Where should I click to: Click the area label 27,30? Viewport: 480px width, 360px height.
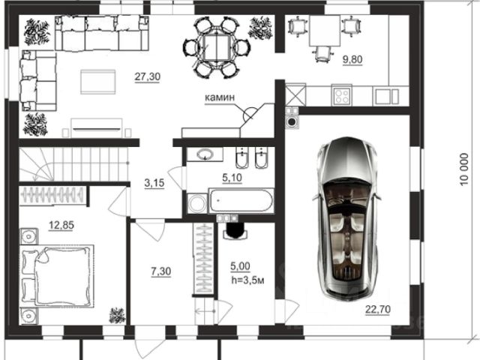tap(147, 76)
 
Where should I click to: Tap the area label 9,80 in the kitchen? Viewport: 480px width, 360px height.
tap(352, 59)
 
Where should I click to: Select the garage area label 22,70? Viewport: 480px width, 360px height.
tap(378, 310)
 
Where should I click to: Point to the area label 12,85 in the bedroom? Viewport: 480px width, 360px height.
tap(61, 225)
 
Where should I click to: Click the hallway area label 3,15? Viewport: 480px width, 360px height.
tap(154, 183)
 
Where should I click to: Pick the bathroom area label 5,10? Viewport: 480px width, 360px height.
tap(232, 178)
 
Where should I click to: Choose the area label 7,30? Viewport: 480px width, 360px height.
tap(161, 271)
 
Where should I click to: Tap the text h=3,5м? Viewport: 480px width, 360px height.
tap(247, 280)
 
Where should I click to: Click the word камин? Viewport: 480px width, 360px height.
tap(220, 97)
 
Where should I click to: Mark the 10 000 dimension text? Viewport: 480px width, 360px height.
tap(464, 169)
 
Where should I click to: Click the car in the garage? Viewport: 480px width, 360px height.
tap(347, 219)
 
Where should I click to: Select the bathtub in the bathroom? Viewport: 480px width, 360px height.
tap(241, 201)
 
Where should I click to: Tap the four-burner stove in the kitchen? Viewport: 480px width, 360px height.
tap(342, 95)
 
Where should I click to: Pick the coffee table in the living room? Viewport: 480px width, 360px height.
tap(98, 82)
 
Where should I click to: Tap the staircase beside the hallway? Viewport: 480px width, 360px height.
tap(73, 164)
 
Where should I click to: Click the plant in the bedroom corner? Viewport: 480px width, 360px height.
tap(117, 316)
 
